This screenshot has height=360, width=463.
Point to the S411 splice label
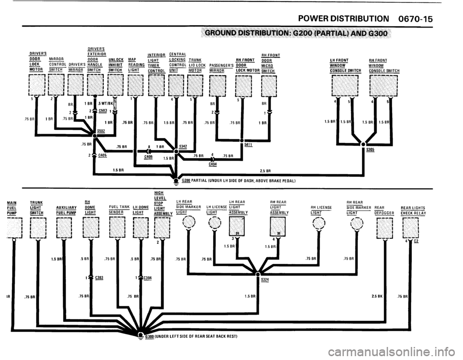pos(249,144)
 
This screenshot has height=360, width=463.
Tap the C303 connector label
pos(99,277)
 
